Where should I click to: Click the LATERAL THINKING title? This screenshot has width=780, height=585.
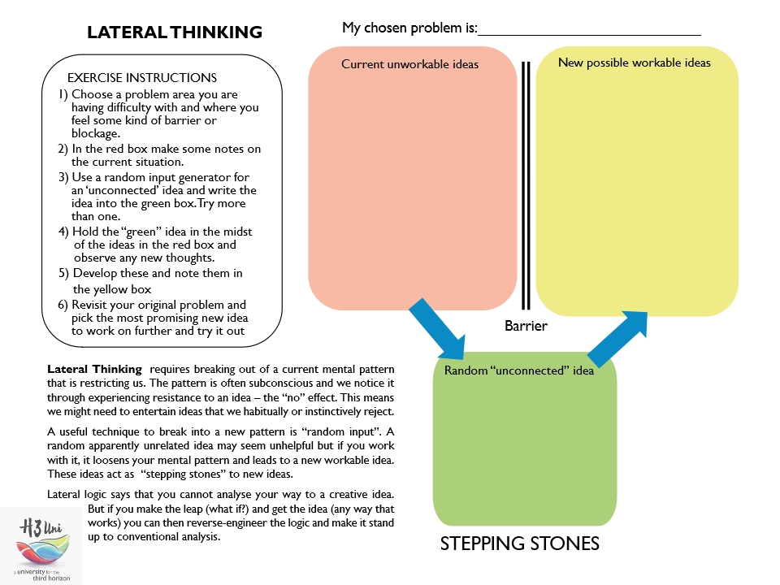tap(175, 32)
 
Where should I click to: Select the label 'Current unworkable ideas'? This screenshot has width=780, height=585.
tap(409, 64)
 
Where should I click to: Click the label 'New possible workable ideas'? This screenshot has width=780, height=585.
tap(634, 63)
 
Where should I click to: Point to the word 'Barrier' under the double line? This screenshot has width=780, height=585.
tap(526, 326)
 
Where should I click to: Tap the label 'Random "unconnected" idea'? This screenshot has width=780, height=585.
tap(518, 371)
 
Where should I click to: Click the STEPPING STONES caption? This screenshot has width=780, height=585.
tap(519, 544)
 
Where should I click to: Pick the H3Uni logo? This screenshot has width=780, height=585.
tap(41, 544)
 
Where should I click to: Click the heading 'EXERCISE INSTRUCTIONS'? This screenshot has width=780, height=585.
tap(142, 78)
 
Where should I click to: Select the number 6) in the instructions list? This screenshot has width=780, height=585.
tap(63, 305)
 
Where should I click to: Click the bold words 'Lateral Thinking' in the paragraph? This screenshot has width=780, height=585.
tap(94, 369)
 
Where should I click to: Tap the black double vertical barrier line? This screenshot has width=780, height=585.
tap(526, 187)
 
